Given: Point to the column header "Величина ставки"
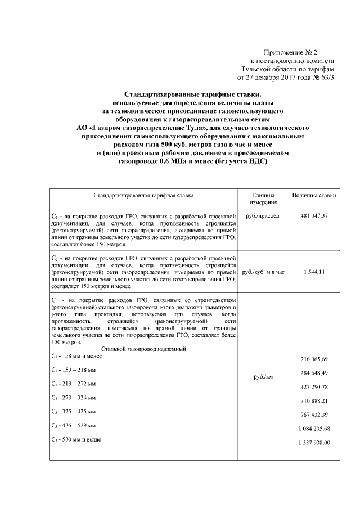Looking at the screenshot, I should (314, 196).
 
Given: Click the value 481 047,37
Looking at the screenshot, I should (314, 216).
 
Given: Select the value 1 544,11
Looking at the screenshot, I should (314, 272).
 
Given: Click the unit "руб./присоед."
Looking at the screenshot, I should (263, 216).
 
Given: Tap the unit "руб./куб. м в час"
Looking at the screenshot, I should (263, 272).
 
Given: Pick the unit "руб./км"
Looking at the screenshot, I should (263, 377).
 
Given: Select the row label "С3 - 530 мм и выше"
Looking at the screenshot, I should (75, 439).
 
